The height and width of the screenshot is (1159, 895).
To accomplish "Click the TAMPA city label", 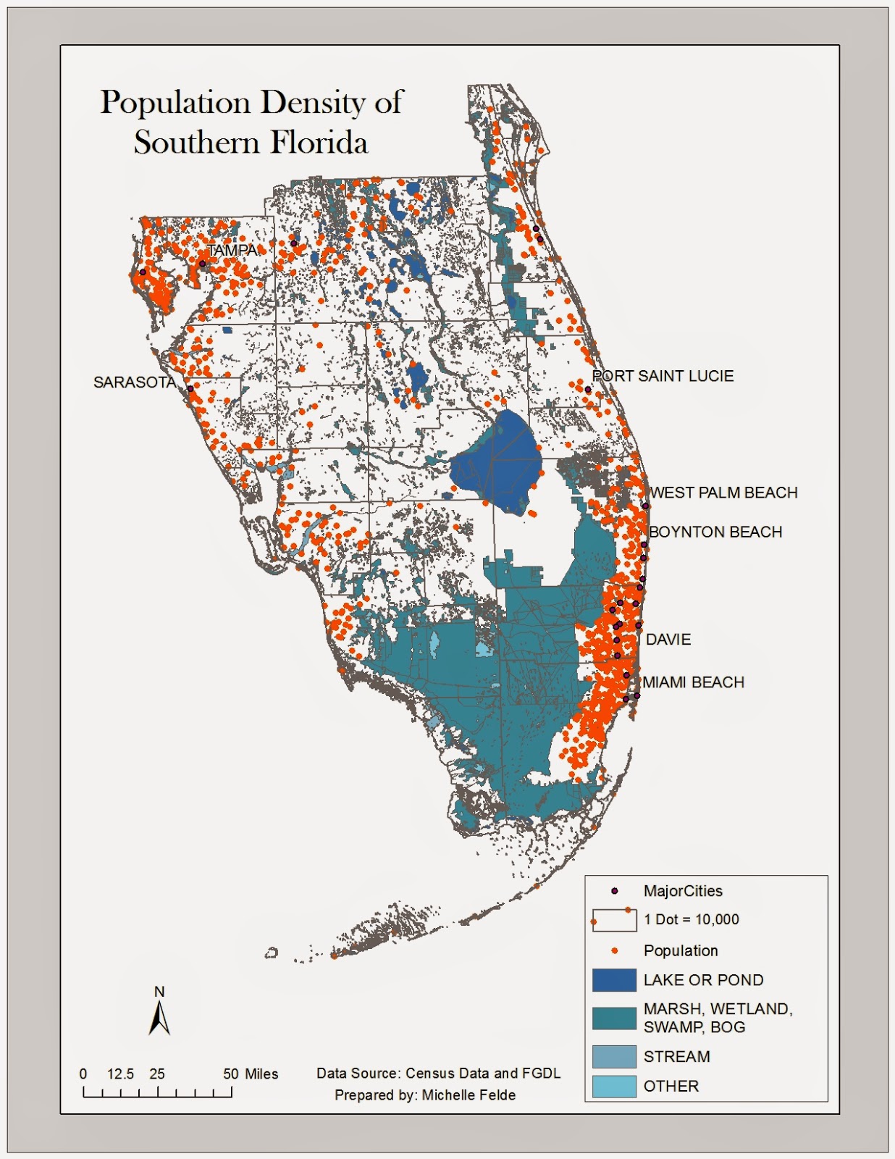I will click(x=232, y=251).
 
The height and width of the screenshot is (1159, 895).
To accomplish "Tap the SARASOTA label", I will click(x=134, y=382).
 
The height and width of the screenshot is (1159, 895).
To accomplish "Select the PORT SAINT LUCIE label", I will click(x=663, y=376).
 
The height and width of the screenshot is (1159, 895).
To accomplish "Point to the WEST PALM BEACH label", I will click(x=723, y=493).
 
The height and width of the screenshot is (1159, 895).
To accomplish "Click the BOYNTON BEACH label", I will click(x=715, y=532).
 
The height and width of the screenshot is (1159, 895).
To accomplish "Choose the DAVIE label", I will click(x=668, y=640).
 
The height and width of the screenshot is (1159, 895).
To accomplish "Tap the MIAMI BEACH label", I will click(x=693, y=682).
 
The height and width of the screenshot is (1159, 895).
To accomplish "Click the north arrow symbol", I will click(x=159, y=1017).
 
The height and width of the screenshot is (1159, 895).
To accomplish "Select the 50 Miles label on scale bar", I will click(x=251, y=1074).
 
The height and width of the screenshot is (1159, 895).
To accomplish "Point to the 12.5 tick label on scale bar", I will click(x=120, y=1074).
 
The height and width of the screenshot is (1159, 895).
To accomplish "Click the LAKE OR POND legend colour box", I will click(x=614, y=980).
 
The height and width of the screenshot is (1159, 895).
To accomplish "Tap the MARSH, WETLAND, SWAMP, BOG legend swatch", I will click(x=614, y=1018).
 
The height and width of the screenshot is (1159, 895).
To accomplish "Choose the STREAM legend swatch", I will click(x=614, y=1057).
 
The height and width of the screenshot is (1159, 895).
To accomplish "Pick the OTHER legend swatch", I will click(x=614, y=1087).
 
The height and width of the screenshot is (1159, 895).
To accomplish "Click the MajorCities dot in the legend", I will click(x=615, y=891).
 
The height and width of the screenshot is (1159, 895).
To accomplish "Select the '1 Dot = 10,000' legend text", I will click(x=692, y=920).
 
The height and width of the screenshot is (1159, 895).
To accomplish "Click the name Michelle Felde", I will click(x=468, y=1095).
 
